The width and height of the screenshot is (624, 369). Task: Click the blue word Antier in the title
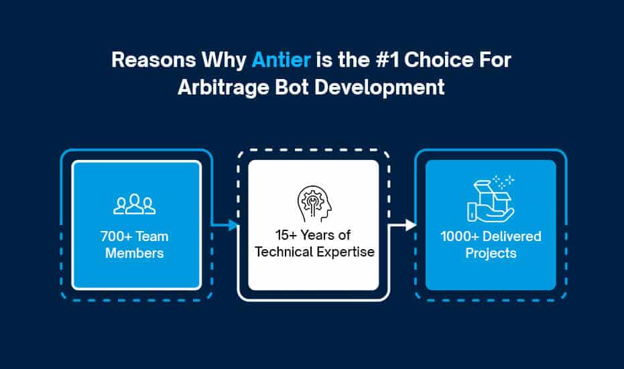pos(282,60)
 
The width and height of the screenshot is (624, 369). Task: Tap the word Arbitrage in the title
pos(223,88)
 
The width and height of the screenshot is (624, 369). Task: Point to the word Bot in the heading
pos(292,87)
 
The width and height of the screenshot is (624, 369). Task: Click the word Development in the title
pos(379,88)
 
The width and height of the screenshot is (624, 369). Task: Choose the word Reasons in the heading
pos(153,60)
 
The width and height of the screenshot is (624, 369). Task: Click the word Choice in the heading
pos(438,60)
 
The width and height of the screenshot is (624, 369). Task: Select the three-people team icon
pos(135,204)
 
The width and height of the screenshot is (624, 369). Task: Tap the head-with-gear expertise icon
pos(314,203)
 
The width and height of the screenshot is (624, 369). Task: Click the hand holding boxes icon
pos(491,198)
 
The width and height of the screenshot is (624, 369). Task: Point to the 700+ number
pos(116,236)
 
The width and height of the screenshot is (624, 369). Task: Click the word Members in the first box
pos(135,253)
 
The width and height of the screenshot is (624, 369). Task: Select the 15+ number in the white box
pos(286,235)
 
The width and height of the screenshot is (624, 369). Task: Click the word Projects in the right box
pos(491,254)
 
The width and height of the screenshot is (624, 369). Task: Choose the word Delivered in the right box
pos(512,236)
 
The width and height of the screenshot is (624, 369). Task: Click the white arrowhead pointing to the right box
pos(411,225)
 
